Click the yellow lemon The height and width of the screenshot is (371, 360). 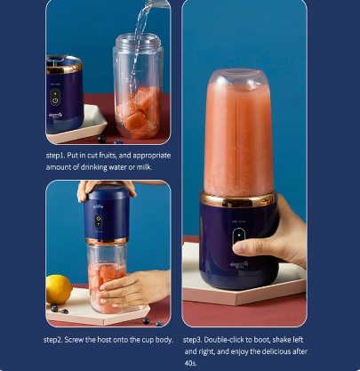(59, 289)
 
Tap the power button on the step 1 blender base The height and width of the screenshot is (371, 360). (55, 101)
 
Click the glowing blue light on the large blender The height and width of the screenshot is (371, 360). (239, 235)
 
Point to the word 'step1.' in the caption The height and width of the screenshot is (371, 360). (55, 156)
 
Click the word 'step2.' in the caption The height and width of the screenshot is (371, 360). (52, 340)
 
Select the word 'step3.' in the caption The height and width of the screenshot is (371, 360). (192, 340)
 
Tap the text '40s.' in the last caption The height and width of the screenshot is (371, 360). (191, 363)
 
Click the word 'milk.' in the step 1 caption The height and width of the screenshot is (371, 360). (144, 167)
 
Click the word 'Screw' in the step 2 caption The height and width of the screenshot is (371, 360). (74, 340)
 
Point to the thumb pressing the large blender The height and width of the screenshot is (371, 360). (247, 246)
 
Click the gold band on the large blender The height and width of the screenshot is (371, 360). (238, 199)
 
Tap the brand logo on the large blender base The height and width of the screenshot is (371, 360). (239, 264)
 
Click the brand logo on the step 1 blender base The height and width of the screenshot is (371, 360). (55, 116)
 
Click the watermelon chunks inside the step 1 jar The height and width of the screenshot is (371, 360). (138, 112)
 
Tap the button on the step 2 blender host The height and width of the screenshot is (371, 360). (99, 222)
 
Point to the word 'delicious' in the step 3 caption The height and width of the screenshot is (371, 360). (270, 351)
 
